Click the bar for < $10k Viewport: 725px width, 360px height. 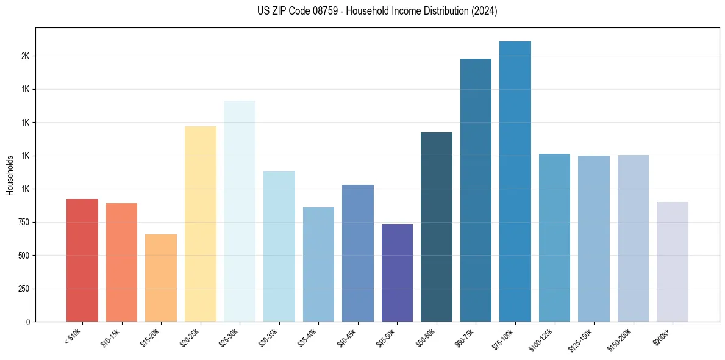tap(82, 260)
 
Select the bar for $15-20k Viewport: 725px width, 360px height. tap(161, 278)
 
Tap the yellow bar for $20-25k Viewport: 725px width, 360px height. tap(200, 223)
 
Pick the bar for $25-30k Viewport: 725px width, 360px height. tap(240, 211)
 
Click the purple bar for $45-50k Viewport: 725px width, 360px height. tap(397, 272)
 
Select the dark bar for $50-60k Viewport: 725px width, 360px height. tap(437, 226)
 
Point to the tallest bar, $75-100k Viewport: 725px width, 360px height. tap(515, 181)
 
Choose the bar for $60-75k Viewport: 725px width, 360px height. tap(476, 190)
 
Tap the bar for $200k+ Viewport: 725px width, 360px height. tap(673, 261)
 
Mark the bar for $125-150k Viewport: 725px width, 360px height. tap(594, 238)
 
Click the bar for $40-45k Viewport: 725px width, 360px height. tap(358, 253)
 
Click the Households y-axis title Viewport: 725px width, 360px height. tap(10, 175)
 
